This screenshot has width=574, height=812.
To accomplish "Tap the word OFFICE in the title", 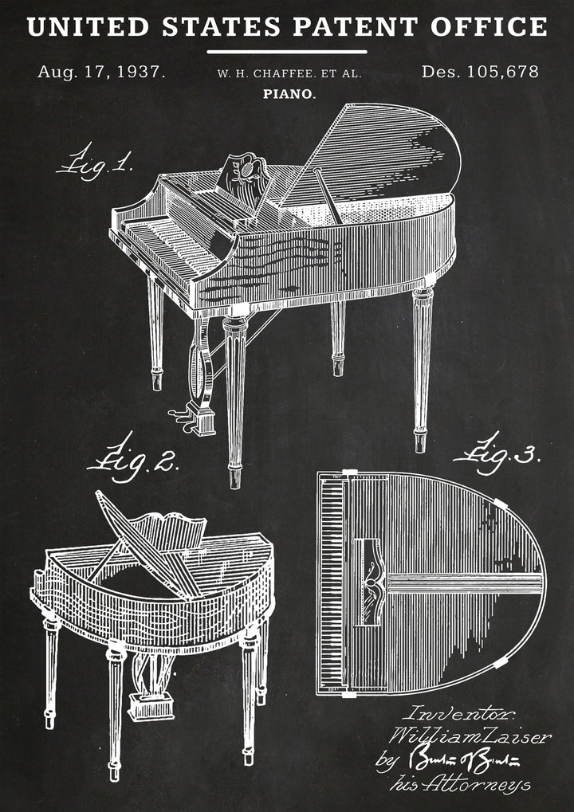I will point(489,26).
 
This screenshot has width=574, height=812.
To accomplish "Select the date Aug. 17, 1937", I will point(101,72).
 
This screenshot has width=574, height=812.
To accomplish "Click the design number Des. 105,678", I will point(480,72).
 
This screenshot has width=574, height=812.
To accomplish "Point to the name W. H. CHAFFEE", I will point(267,73).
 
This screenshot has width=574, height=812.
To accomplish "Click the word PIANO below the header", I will point(289,94).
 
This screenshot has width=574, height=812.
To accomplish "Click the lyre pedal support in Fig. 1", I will point(197,363).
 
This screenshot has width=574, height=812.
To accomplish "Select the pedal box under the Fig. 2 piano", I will point(151,704).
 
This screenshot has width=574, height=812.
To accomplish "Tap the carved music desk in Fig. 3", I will point(369,580).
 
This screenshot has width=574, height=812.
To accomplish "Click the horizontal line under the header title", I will point(287,52).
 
